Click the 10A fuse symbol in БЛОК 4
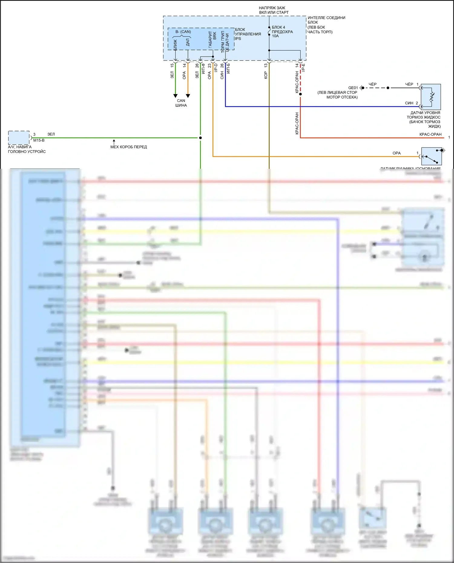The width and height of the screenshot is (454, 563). (269, 31)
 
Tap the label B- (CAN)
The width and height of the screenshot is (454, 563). (183, 32)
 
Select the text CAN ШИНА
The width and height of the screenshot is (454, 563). (181, 103)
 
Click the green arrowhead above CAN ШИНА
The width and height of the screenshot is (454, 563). (175, 96)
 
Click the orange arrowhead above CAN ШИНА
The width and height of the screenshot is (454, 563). (188, 96)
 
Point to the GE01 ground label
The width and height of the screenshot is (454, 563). (353, 88)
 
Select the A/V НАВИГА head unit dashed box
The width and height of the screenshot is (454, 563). (19, 138)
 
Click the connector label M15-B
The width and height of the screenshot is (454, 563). (39, 140)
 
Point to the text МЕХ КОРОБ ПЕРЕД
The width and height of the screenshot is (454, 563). (129, 147)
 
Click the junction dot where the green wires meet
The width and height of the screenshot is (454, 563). (200, 138)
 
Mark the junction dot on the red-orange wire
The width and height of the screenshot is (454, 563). (300, 94)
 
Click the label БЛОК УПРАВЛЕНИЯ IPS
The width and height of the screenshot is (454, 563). (248, 34)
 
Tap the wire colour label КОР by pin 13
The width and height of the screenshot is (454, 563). (266, 75)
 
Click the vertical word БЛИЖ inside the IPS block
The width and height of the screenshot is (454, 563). (175, 45)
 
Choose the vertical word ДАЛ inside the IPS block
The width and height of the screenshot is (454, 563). (188, 42)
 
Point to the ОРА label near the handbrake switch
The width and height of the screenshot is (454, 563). (396, 153)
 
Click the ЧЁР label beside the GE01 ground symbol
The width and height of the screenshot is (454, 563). (373, 84)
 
